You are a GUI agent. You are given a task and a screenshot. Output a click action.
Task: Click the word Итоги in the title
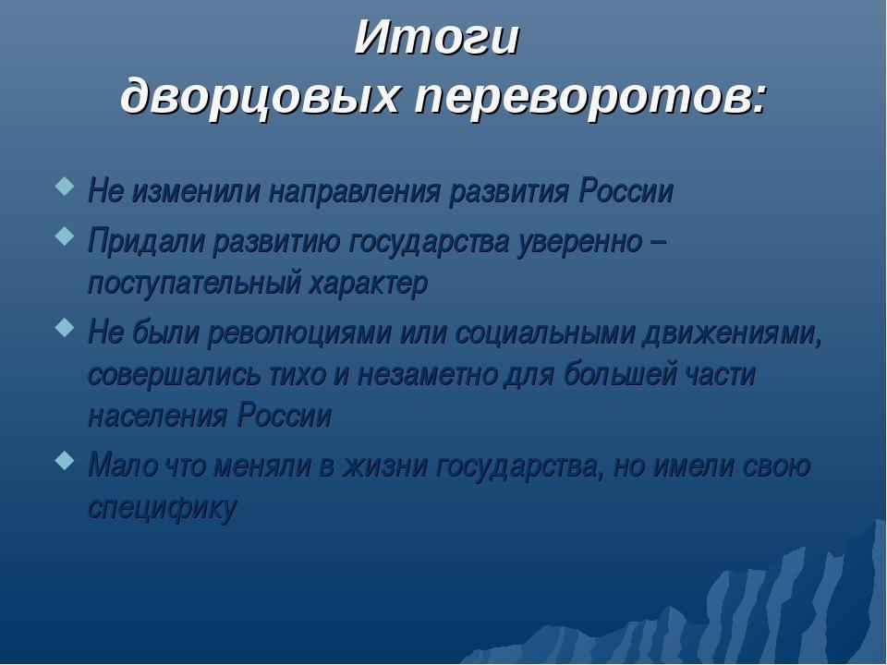[437, 38]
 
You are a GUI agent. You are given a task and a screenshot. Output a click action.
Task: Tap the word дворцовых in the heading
[260, 95]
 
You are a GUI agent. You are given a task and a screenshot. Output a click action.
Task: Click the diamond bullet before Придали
[65, 236]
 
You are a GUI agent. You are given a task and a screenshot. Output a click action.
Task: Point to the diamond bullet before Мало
[65, 460]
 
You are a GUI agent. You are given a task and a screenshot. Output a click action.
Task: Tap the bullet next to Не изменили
[65, 186]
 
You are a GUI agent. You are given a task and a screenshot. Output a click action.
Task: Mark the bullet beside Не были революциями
[65, 327]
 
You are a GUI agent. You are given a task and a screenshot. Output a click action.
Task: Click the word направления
[354, 192]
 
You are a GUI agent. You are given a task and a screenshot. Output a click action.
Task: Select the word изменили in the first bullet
[196, 191]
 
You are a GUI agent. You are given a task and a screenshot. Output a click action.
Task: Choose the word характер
[369, 284]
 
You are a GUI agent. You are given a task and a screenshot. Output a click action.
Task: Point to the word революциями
[299, 333]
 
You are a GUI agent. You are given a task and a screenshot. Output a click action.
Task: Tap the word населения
[158, 417]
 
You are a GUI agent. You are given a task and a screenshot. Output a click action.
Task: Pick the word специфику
[162, 508]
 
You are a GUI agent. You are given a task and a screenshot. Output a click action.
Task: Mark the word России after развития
[626, 191]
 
